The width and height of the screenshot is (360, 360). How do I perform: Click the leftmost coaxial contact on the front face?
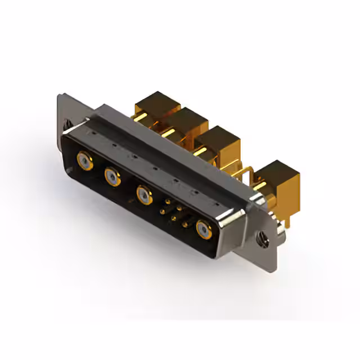[84, 162]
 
